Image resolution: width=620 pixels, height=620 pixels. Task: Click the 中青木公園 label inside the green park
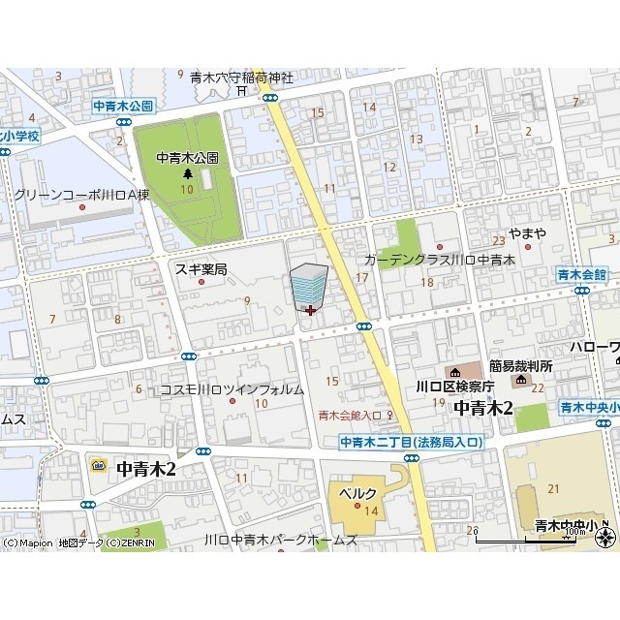[x=188, y=157]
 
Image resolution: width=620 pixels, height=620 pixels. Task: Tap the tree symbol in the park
[x=188, y=173]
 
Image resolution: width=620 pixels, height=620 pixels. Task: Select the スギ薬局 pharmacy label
[x=201, y=269]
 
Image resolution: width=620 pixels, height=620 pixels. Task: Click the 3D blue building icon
[x=309, y=286]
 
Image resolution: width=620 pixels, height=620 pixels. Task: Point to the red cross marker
[x=309, y=311]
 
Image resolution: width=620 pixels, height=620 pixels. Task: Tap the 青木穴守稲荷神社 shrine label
[x=241, y=76]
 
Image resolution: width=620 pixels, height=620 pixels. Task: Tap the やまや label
[x=528, y=233]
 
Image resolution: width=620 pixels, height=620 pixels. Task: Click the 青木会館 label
[x=581, y=274]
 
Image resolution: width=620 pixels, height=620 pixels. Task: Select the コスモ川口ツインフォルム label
[x=232, y=389]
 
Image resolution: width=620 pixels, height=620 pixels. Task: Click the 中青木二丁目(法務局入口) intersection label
[x=411, y=442]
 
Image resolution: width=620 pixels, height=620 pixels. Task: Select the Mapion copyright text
[x=28, y=543]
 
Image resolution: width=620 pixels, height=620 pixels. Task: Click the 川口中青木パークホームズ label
[x=281, y=540]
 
